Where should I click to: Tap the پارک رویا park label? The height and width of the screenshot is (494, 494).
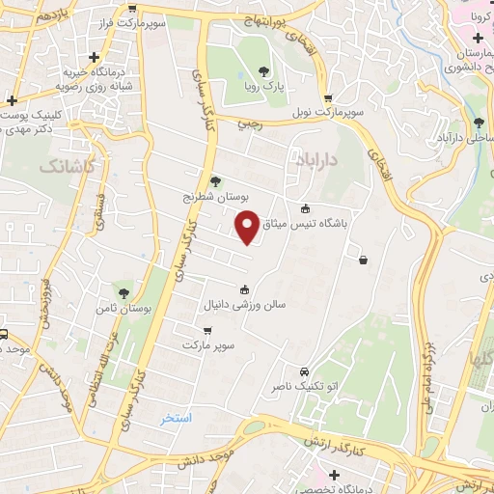pyautogui.click(x=266, y=86)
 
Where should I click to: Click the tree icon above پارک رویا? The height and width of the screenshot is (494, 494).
pyautogui.click(x=263, y=70)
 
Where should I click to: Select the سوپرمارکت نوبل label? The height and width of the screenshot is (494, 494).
pyautogui.click(x=330, y=113)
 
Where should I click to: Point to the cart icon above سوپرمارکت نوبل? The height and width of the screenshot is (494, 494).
pyautogui.click(x=328, y=98)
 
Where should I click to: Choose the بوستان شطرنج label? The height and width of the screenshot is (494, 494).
pyautogui.click(x=217, y=195)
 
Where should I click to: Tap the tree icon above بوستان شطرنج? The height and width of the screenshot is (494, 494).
pyautogui.click(x=215, y=180)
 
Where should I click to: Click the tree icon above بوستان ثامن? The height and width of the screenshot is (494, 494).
pyautogui.click(x=123, y=291)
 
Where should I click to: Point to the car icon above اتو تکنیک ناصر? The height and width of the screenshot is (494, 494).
pyautogui.click(x=304, y=372)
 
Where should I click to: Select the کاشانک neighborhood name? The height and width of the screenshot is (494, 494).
pyautogui.click(x=68, y=166)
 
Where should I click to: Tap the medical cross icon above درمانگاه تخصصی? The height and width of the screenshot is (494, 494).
pyautogui.click(x=334, y=475)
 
